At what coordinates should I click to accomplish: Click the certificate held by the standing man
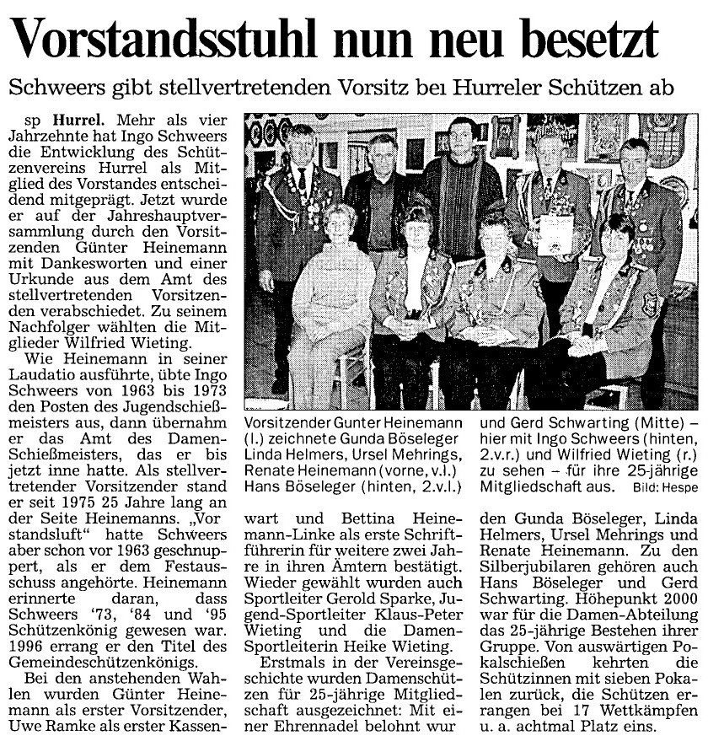(x=556, y=232)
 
